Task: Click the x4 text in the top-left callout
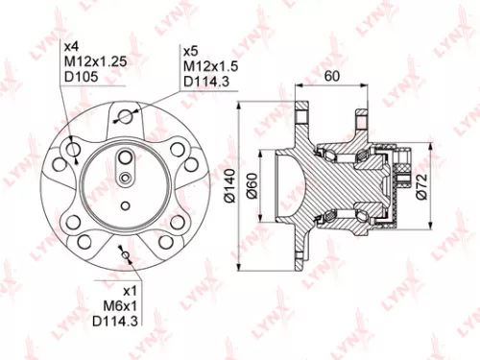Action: pyautogui.click(x=71, y=45)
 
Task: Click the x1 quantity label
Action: pyautogui.click(x=133, y=288)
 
